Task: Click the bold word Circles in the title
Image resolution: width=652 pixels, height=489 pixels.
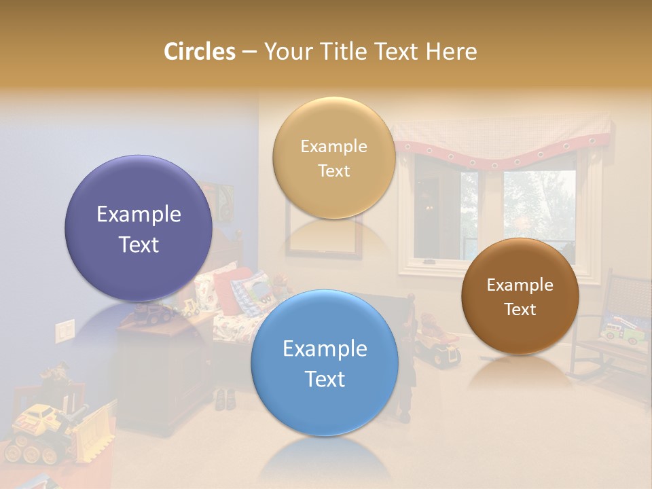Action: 199,52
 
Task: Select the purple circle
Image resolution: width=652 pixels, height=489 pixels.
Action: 139,228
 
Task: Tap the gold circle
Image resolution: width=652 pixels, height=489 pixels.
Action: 333,158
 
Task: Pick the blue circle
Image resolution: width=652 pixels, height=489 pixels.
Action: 325,363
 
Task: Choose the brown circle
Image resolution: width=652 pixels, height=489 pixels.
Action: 520,296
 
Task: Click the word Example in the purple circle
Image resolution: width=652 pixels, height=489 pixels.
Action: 139,215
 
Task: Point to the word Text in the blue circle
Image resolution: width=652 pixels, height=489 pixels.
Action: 325,379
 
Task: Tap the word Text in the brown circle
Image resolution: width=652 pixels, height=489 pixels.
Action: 520,310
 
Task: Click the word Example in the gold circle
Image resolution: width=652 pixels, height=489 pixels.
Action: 333,147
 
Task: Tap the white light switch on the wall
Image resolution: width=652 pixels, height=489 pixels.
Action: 65,331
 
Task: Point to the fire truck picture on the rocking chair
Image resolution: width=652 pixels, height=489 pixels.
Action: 619,329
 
